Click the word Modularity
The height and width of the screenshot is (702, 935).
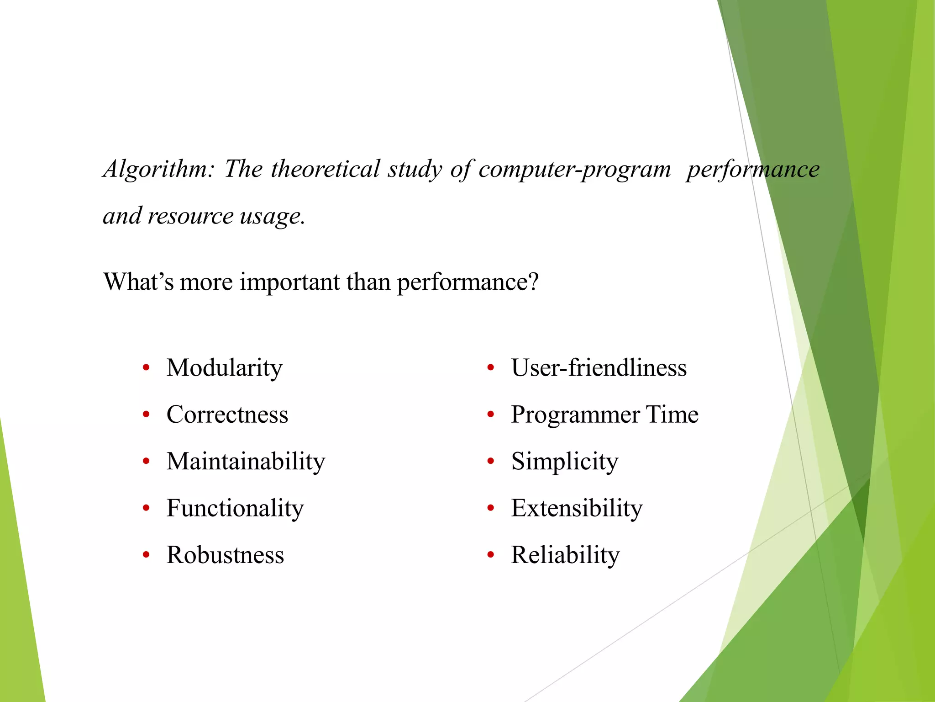pos(224,368)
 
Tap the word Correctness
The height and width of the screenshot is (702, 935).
pos(227,415)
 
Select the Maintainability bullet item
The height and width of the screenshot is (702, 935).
pos(246,462)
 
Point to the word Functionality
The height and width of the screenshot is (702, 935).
pos(235,508)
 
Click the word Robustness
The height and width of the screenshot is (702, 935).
pos(225,555)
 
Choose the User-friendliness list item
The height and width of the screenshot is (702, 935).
pos(599,368)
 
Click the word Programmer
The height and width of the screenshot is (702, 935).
pos(575,415)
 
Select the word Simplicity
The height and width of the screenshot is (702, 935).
pos(564,462)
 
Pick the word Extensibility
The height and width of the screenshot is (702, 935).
pos(577,508)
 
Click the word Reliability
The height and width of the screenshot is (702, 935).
pos(565,555)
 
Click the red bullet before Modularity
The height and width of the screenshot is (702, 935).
pos(146,368)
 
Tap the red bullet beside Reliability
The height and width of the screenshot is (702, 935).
pos(491,555)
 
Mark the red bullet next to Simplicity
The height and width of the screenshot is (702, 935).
pos(491,462)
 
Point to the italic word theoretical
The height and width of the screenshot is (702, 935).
pos(325,169)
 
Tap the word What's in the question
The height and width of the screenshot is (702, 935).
pos(138,282)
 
